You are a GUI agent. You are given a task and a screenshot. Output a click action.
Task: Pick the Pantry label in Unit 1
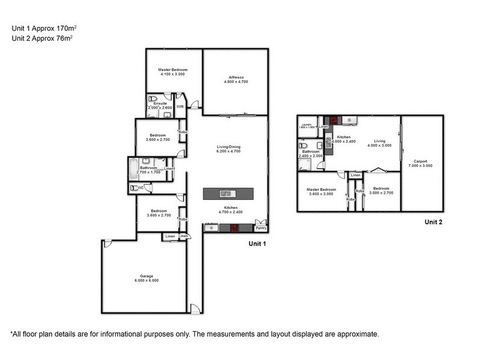260,228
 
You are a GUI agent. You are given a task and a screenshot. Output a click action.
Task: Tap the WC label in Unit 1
140,188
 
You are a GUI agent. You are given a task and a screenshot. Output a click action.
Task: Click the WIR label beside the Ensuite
179,107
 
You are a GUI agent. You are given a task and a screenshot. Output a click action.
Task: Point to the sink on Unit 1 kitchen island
228,193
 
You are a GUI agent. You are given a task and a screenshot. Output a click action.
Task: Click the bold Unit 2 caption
433,222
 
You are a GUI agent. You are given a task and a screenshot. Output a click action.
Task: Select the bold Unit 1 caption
257,244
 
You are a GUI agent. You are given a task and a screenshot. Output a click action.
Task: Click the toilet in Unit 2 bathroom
302,146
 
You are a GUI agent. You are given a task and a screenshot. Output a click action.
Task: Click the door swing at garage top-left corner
107,244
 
